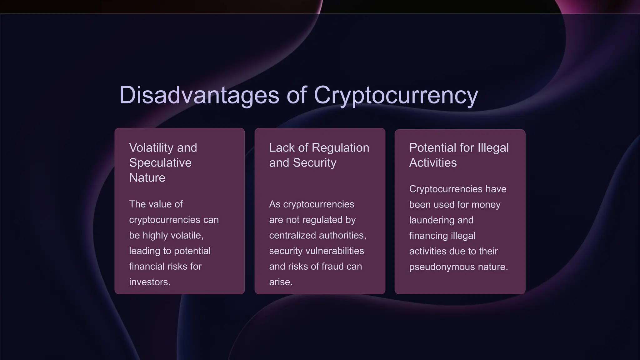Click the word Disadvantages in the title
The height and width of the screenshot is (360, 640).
point(199,95)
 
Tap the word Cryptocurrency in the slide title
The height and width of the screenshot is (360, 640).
point(396,95)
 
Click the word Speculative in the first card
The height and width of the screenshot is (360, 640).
point(160,162)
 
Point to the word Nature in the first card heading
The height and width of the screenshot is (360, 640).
point(147,177)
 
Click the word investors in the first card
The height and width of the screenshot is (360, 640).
point(149,282)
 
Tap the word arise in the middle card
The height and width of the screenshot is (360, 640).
point(280,282)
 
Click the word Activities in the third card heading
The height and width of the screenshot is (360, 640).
point(433,162)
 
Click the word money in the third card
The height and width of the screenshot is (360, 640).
point(486,204)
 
